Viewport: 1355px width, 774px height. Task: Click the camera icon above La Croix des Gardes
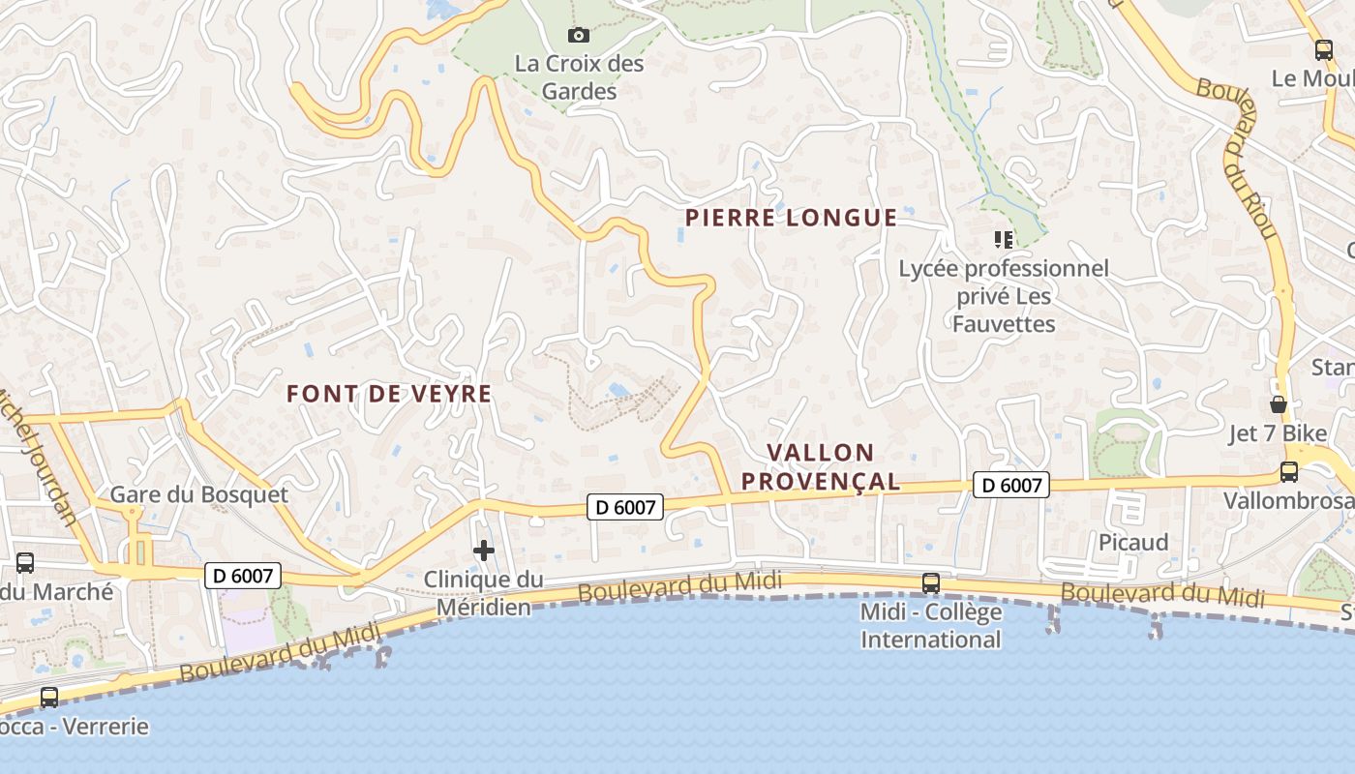579,36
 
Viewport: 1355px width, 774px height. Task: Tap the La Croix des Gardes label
579,77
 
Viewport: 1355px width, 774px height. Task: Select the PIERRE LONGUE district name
791,218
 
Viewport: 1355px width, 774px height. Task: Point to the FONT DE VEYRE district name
389,394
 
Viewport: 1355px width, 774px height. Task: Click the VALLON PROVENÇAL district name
821,466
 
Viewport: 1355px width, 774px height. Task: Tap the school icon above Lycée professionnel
1004,239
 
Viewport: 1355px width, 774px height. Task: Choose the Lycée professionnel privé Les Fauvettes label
1004,295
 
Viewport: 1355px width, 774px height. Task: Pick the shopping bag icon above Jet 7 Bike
1279,404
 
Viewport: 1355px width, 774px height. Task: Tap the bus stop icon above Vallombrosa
1289,472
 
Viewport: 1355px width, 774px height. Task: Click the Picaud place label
1133,542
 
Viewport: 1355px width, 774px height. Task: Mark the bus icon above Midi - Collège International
931,583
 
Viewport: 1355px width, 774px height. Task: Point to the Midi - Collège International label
931,625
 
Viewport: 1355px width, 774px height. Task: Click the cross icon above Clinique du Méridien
484,551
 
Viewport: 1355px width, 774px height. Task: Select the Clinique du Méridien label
483,593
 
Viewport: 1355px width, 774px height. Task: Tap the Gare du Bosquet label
198,494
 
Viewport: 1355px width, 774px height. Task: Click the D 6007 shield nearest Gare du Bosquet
244,576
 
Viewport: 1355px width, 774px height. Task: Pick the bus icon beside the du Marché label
25,563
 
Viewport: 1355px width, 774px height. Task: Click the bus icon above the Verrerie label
49,697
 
